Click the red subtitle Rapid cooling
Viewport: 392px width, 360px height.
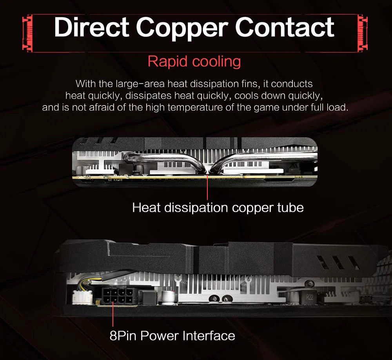pyautogui.click(x=194, y=62)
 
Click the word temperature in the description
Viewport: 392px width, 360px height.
pyautogui.click(x=203, y=107)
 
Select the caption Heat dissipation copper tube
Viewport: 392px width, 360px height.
pyautogui.click(x=218, y=207)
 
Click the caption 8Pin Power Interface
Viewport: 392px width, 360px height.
pyautogui.click(x=172, y=336)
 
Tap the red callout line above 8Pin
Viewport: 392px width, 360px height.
pyautogui.click(x=113, y=316)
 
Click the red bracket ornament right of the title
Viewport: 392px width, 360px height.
pyautogui.click(x=363, y=33)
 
